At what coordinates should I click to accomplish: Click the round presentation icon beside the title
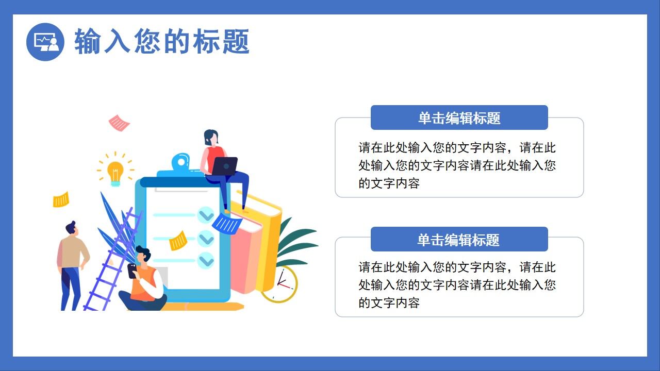pyautogui.click(x=45, y=42)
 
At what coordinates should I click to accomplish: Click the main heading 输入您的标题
pyautogui.click(x=162, y=42)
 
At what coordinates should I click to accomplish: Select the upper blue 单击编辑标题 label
pyautogui.click(x=459, y=118)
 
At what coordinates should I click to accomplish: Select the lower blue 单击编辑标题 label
pyautogui.click(x=459, y=240)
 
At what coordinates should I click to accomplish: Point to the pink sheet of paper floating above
pyautogui.click(x=119, y=123)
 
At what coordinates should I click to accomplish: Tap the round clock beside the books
pyautogui.click(x=279, y=284)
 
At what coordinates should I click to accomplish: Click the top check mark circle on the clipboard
pyautogui.click(x=206, y=214)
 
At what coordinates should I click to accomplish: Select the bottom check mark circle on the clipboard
pyautogui.click(x=206, y=261)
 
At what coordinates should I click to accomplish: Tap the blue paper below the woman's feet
pyautogui.click(x=227, y=223)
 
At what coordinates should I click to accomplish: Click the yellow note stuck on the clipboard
pyautogui.click(x=178, y=241)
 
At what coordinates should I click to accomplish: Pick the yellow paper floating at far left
pyautogui.click(x=61, y=199)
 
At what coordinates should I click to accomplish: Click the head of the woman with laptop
pyautogui.click(x=211, y=138)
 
